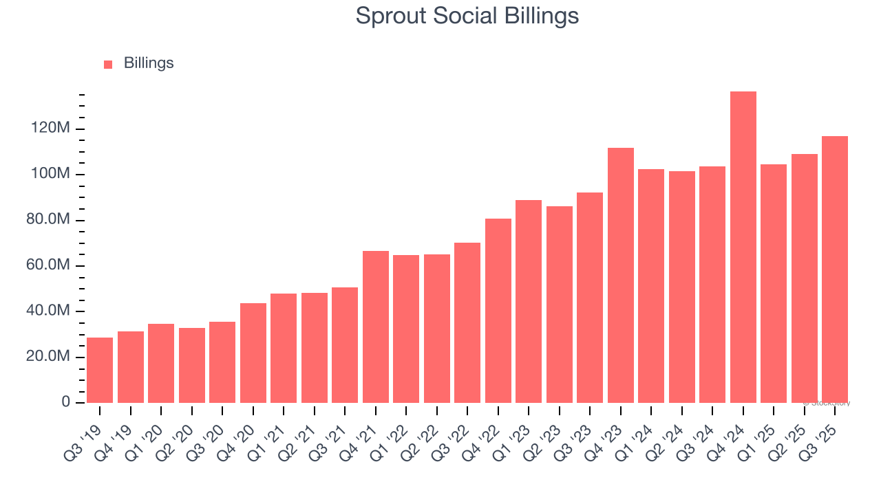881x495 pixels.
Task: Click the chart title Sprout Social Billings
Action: tap(467, 16)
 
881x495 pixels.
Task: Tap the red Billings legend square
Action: tap(108, 64)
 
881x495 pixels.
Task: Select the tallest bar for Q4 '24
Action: tap(743, 247)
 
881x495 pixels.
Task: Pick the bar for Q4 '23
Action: tap(620, 275)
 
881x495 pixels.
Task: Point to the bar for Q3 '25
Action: tap(834, 269)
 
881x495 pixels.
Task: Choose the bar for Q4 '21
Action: tap(375, 327)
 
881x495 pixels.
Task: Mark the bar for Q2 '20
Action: tap(191, 365)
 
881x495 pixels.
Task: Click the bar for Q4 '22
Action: tap(498, 310)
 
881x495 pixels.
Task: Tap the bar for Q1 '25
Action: tap(773, 283)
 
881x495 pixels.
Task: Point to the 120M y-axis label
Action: tap(50, 129)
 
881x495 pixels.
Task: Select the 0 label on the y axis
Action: tap(65, 402)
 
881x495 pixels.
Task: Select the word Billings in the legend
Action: tap(149, 63)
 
